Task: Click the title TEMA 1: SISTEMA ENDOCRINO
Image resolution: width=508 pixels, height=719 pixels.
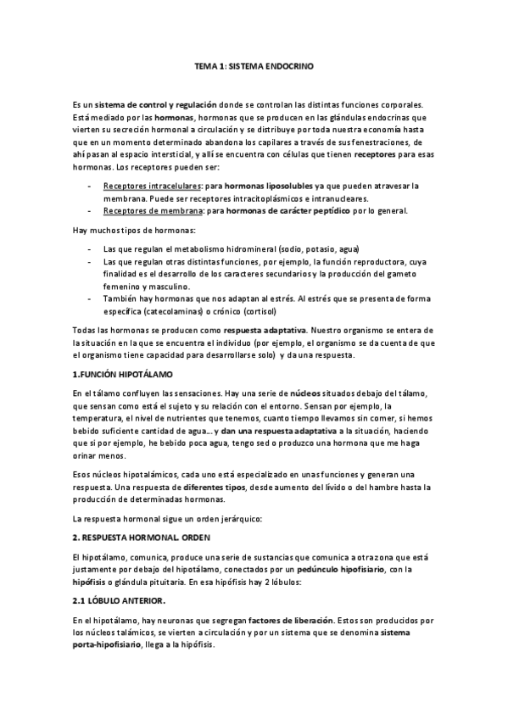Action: pyautogui.click(x=254, y=65)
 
